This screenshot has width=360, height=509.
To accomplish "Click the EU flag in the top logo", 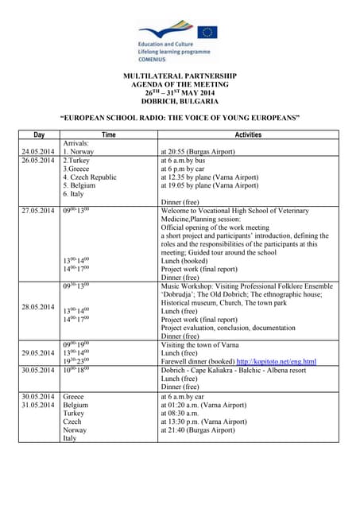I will click(207, 32).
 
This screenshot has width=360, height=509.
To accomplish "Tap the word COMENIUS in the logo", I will click(157, 58).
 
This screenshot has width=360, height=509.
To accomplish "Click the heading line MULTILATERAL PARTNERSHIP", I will click(180, 76).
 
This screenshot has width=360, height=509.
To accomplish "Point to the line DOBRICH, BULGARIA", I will click(180, 102).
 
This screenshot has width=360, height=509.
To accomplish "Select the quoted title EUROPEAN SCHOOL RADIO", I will click(180, 118).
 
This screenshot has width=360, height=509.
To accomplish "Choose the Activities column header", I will click(248, 135).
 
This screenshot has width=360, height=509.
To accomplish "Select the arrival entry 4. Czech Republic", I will click(90, 177).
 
